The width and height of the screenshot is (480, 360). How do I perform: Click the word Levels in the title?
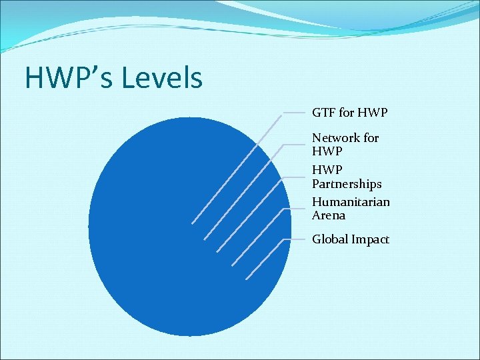pos(162,78)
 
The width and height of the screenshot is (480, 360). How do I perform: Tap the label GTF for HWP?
pos(349,113)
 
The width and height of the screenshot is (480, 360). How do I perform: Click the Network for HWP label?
pos(345,145)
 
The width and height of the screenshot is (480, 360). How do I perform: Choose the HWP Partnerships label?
pos(347,177)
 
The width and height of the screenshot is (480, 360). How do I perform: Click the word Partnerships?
pos(347,183)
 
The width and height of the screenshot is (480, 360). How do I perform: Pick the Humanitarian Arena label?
pos(351,208)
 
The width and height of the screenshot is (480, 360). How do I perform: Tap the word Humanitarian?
pos(351,201)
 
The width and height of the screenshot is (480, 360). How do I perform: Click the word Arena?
pos(329,215)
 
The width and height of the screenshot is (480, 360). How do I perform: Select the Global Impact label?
pos(350,239)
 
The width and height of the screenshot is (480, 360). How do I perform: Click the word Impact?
pos(372,239)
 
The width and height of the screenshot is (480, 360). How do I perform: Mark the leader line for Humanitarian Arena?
pos(257,237)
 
